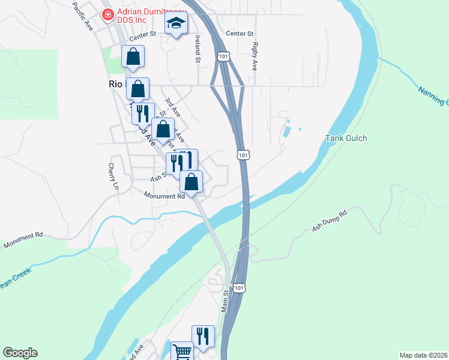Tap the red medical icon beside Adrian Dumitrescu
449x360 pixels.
coord(107,14)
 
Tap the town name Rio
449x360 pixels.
coord(115,85)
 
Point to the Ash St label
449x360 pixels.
coord(158,178)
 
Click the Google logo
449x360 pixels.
coord(19,353)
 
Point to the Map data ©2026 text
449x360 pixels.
coord(423,355)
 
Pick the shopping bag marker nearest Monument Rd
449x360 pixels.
coord(191,182)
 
